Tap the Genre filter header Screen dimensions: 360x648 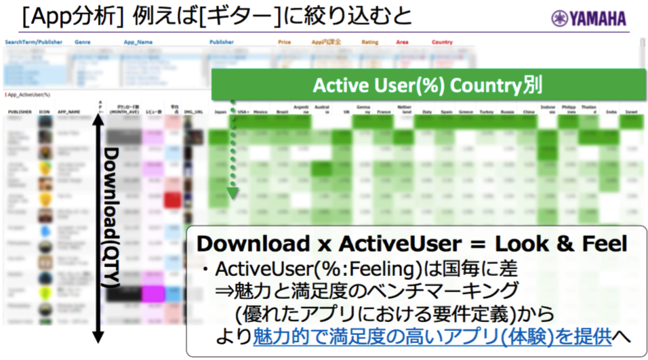pos(83,43)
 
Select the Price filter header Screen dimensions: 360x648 pos(285,43)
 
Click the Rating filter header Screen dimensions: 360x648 pos(369,43)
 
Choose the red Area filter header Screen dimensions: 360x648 pos(403,43)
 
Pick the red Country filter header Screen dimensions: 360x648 pos(442,43)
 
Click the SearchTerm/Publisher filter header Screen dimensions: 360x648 pos(34,43)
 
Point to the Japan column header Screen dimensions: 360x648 pos(220,112)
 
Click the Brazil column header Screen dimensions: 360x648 pos(282,112)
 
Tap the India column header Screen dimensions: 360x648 pos(611,112)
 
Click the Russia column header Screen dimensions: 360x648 pos(507,112)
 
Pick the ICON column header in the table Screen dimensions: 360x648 pos(45,112)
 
